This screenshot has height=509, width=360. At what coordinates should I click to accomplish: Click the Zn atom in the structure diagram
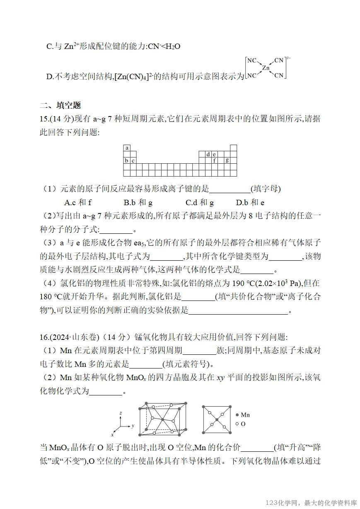click(x=266, y=68)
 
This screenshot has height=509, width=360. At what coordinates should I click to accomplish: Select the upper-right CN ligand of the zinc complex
click(x=279, y=61)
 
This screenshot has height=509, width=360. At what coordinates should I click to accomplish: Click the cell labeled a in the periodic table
click(x=126, y=148)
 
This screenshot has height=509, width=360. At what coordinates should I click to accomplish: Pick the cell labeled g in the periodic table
click(x=227, y=160)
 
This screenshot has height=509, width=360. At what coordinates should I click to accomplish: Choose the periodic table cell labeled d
click(x=208, y=154)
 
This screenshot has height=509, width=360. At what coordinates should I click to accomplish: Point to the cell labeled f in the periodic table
click(x=215, y=160)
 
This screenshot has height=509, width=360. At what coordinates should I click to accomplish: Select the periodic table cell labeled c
click(x=133, y=160)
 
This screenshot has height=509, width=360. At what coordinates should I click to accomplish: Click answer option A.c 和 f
click(x=78, y=203)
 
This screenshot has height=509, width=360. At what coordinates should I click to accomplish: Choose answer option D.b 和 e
click(x=250, y=203)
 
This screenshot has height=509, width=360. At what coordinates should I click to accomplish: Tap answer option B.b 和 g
click(x=138, y=203)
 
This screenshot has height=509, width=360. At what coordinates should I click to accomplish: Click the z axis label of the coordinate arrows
click(x=120, y=413)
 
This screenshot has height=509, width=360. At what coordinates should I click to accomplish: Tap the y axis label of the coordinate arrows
click(x=133, y=426)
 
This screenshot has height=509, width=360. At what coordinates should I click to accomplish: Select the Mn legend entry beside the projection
click(x=243, y=415)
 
